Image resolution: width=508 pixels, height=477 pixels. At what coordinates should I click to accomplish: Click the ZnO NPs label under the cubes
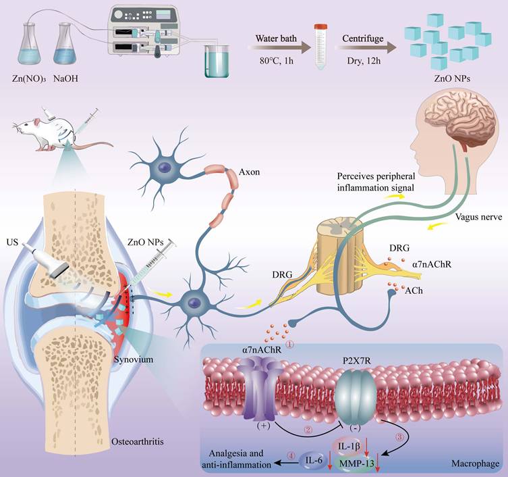452,78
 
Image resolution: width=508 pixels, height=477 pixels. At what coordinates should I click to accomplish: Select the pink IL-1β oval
347,447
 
